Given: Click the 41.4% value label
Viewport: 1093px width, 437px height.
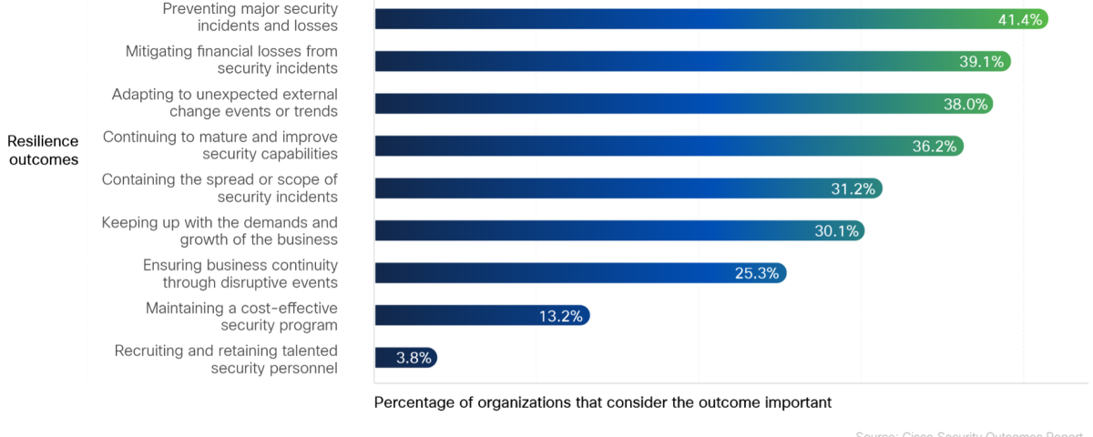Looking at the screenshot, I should (x=1020, y=19).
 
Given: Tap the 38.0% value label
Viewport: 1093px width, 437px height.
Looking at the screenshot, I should (x=965, y=104).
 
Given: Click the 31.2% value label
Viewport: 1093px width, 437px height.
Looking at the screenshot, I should (x=853, y=188).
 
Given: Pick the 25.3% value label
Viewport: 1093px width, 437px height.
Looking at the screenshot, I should (x=757, y=273).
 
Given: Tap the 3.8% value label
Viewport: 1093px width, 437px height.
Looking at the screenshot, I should (x=414, y=358).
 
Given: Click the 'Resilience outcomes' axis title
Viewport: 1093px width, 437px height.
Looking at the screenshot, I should (x=43, y=150).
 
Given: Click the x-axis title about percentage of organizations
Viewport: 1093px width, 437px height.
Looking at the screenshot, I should (x=603, y=401).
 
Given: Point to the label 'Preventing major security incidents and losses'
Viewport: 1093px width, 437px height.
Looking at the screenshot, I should (x=250, y=17).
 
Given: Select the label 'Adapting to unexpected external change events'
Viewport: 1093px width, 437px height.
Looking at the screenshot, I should (x=224, y=103).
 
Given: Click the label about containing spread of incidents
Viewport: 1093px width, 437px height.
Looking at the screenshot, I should (x=220, y=188).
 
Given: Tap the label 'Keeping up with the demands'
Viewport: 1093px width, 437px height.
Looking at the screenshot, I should (x=220, y=231).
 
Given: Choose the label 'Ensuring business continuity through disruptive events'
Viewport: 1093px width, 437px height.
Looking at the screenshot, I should (x=240, y=273).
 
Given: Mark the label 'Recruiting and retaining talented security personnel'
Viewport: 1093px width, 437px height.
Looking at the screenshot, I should (x=226, y=359).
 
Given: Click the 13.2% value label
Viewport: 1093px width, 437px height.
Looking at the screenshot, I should (x=561, y=316).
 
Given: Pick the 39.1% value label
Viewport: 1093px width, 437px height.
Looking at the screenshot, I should (x=981, y=62).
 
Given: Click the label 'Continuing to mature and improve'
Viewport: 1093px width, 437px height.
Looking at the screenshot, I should (x=220, y=146).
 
